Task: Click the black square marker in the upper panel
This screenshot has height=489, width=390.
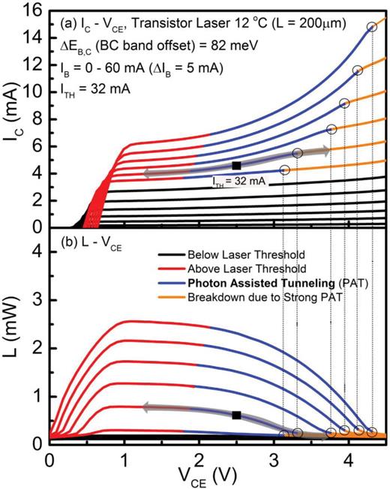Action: coord(236,165)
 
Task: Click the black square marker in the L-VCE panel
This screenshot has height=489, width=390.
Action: coord(236,415)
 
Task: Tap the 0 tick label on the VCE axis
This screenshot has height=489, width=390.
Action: coord(50,459)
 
